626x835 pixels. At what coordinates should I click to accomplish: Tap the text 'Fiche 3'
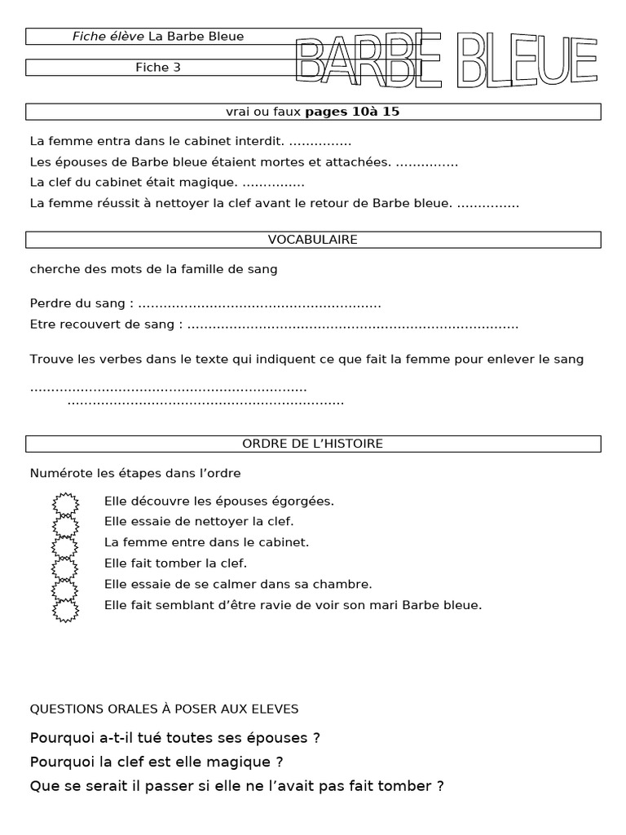pos(158,68)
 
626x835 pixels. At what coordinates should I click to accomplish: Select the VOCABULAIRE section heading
pos(313,240)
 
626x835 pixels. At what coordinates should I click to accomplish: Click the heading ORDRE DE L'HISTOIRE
pos(313,444)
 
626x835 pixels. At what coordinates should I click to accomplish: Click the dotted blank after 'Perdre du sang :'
pos(259,304)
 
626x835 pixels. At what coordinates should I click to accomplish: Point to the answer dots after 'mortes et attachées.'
pos(427,163)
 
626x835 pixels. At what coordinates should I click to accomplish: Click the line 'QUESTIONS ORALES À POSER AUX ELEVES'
pos(164,709)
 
